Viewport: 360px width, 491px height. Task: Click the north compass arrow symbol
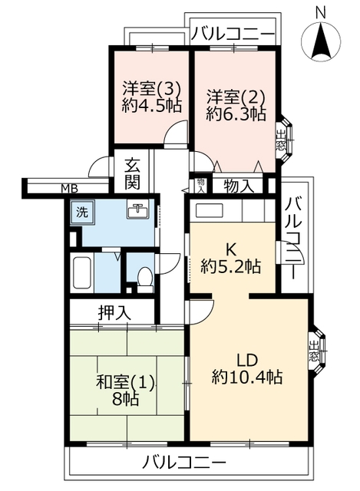pos(321,42)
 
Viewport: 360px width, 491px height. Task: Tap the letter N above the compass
pos(321,12)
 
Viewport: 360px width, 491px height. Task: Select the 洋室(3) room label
pos(151,89)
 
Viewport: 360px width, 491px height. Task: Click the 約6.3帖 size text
pos(236,114)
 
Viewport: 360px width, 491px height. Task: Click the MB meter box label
pos(70,189)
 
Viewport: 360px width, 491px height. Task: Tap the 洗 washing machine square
pos(82,213)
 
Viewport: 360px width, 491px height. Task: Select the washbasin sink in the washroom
pos(138,211)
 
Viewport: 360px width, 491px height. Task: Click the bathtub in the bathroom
pos(82,273)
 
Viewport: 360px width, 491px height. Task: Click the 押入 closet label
pos(114,312)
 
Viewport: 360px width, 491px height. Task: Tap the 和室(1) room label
pos(125,383)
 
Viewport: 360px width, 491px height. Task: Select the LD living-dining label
pos(247,360)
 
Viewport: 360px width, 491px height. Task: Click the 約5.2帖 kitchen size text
pos(230,267)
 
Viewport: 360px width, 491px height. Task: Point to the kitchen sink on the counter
pos(209,211)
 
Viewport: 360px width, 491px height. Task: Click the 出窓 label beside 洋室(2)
pos(280,140)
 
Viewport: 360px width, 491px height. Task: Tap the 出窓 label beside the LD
pos(313,351)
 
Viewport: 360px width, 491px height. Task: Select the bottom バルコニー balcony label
pos(184,462)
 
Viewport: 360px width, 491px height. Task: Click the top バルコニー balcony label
pos(233,34)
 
